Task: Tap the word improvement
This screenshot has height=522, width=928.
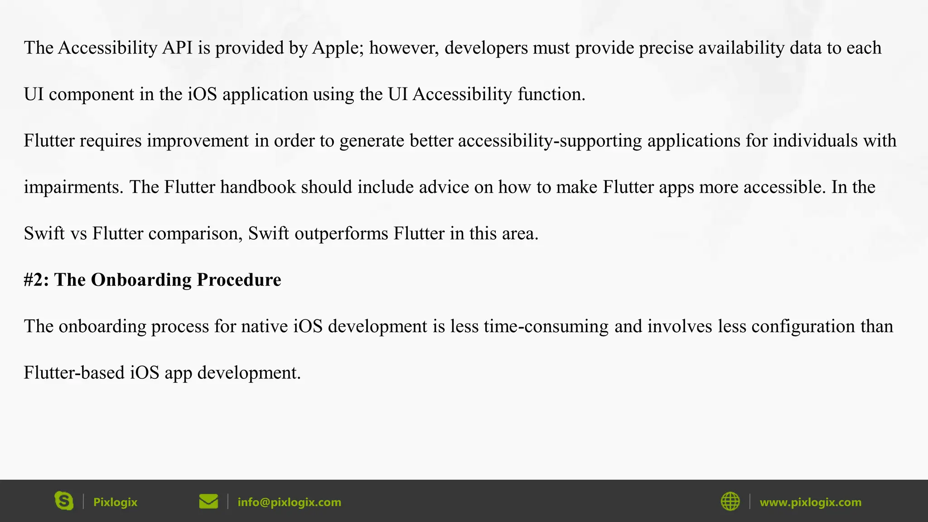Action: pyautogui.click(x=198, y=141)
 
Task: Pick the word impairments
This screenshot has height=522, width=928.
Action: pyautogui.click(x=73, y=187)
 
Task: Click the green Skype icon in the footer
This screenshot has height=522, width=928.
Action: pyautogui.click(x=64, y=501)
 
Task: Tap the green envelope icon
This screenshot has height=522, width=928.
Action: pyautogui.click(x=208, y=502)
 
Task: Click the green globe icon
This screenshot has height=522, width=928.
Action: pyautogui.click(x=730, y=502)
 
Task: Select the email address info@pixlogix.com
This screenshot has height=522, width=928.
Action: pyautogui.click(x=289, y=502)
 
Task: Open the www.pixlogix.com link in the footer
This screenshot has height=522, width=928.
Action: pyautogui.click(x=810, y=502)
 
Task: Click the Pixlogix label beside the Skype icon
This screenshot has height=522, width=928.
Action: pyautogui.click(x=115, y=502)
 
